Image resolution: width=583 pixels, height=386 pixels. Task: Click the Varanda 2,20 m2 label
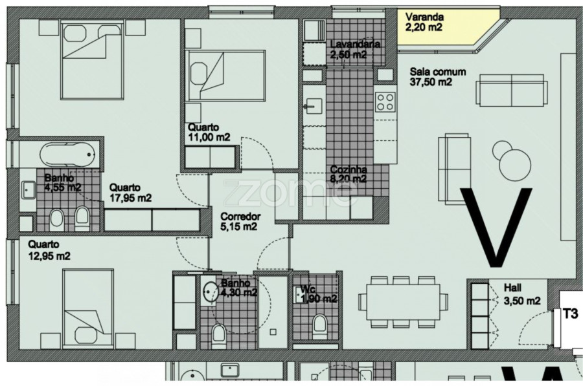pyautogui.click(x=424, y=22)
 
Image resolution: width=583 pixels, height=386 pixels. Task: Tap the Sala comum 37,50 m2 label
pyautogui.click(x=437, y=77)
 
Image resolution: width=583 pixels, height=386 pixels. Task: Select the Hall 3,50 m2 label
pyautogui.click(x=521, y=294)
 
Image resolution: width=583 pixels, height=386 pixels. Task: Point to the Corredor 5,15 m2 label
pyautogui.click(x=240, y=221)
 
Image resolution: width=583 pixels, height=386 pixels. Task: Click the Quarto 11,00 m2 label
pyautogui.click(x=209, y=132)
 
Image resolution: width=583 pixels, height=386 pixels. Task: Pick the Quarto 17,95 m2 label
pyautogui.click(x=130, y=193)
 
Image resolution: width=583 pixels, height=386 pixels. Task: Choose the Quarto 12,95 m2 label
pyautogui.click(x=49, y=250)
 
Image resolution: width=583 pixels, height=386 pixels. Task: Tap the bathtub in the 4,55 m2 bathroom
pyautogui.click(x=67, y=155)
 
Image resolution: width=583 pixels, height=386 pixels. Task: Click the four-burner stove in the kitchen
pyautogui.click(x=385, y=102)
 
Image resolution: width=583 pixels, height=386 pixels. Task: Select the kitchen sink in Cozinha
pyautogui.click(x=314, y=105)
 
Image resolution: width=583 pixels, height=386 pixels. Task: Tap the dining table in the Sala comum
pyautogui.click(x=403, y=301)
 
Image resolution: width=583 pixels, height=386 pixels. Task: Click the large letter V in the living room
pyautogui.click(x=496, y=227)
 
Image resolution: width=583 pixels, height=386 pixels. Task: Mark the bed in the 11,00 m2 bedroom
pyautogui.click(x=225, y=76)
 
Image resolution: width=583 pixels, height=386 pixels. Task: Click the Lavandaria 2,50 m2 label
pyautogui.click(x=355, y=49)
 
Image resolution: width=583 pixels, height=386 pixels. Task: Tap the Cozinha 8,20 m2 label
pyautogui.click(x=349, y=174)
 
